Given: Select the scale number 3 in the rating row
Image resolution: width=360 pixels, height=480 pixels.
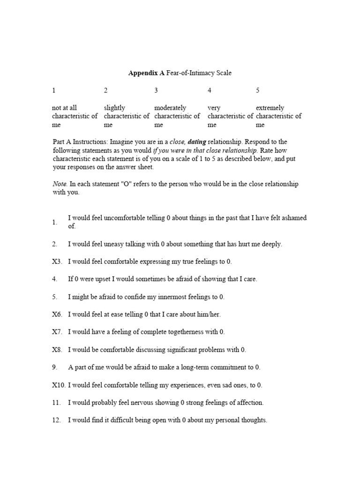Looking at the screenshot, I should [x=156, y=90].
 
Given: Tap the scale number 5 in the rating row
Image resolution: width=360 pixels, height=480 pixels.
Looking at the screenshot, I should [x=258, y=90].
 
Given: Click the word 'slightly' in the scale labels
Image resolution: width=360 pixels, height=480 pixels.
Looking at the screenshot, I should [x=114, y=108].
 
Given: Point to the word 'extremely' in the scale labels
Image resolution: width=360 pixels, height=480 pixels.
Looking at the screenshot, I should [x=270, y=108].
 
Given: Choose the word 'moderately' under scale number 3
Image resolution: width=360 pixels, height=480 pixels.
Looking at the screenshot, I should [x=170, y=108].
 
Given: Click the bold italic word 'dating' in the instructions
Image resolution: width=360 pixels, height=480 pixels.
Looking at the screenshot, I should [x=197, y=142].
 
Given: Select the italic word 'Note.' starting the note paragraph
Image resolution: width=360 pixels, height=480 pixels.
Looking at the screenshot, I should [x=60, y=184].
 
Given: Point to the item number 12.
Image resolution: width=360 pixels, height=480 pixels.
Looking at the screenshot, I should [x=56, y=420].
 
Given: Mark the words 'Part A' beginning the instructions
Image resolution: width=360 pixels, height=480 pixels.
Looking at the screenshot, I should [x=62, y=142].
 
